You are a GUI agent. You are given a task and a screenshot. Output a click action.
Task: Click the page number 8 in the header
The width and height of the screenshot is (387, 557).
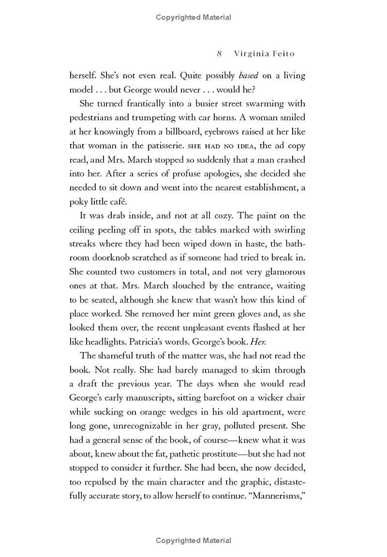220,54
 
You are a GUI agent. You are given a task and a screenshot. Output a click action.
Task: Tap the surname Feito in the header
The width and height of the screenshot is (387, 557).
290,54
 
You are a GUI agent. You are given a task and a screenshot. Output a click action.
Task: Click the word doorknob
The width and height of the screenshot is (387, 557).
119,257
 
